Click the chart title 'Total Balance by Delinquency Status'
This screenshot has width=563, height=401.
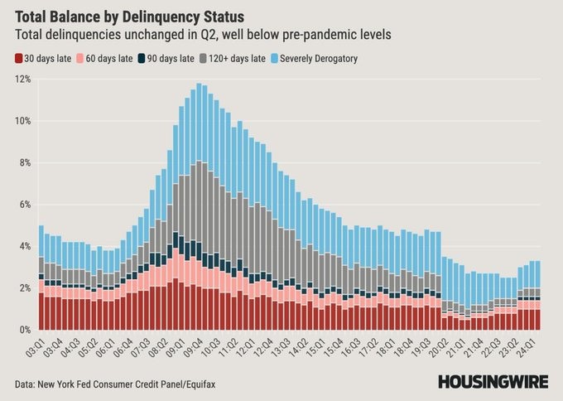click(130, 17)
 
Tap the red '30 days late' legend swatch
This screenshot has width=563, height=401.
click(19, 59)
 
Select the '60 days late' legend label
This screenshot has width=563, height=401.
click(109, 59)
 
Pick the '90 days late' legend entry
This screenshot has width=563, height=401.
click(166, 59)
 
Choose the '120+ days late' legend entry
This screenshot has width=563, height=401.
click(233, 59)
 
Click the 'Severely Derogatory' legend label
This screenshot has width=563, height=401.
click(319, 59)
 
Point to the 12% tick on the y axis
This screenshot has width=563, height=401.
click(23, 79)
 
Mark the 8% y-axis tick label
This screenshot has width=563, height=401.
click(24, 162)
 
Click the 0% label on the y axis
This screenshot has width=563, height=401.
click(24, 330)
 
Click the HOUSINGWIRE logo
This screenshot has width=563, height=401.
click(493, 382)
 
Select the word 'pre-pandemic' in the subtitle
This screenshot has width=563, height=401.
click(319, 35)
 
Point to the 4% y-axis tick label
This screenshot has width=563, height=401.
click(24, 247)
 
